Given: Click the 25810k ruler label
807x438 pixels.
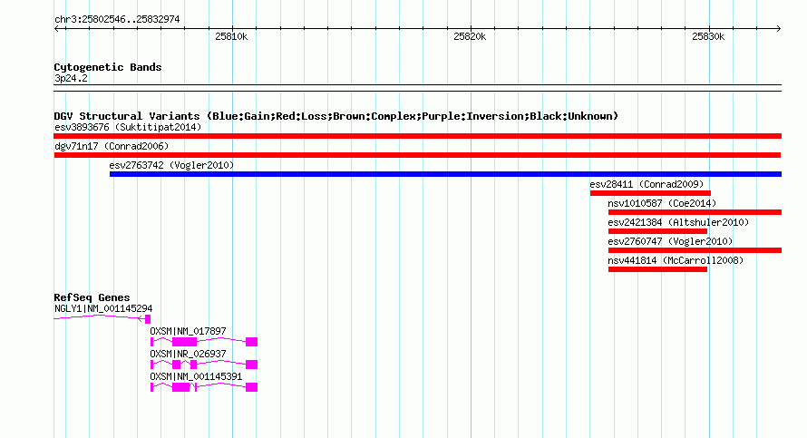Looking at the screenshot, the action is coord(231,36).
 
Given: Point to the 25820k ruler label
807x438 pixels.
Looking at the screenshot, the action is coord(470,36).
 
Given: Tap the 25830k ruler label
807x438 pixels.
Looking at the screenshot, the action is coord(708,36).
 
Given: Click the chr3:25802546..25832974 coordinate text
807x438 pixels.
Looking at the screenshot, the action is coord(117,20).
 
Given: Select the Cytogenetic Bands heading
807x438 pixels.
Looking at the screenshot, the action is coord(108,67).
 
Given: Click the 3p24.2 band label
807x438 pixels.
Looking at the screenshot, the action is coord(71,78).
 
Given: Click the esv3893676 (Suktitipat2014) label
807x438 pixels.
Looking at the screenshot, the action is coord(128,127).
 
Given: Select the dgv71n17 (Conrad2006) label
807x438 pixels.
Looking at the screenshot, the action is coord(112,146).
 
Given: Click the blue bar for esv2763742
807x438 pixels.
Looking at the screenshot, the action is coord(446,174).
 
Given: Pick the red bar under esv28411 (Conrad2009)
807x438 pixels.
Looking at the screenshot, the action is coord(650,193).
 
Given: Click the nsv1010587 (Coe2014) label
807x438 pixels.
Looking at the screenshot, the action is coord(662,203).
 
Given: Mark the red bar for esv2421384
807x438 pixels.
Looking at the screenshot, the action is coord(657,231).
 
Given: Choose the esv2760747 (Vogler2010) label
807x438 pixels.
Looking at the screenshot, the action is coord(670,241).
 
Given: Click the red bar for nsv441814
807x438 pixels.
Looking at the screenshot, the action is coord(657,269).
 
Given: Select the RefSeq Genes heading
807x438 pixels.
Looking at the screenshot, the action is coord(92,297).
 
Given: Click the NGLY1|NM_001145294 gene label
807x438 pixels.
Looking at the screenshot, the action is coord(103,309).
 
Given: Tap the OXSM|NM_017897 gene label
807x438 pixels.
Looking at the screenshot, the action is coord(188,332).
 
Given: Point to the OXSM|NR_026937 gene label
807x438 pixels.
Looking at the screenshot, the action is coord(188,354).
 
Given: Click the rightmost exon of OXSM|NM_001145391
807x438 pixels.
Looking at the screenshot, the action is coord(252,387).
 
